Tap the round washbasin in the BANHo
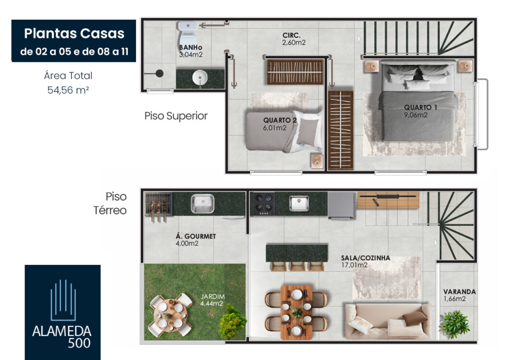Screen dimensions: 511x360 pos(200,78)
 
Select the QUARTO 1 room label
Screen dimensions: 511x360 pos(420,107)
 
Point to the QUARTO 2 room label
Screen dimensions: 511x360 pos(280,120)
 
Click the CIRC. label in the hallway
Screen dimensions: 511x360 pos(292,35)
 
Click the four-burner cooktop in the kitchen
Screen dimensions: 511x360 pos(264,204)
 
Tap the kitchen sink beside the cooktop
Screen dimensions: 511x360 pos(299,203)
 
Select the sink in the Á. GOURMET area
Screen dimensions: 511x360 pos(202,204)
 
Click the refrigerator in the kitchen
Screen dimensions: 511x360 pos(341,205)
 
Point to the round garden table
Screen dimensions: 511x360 pos(170,314)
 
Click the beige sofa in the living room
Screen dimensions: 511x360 pos(388,322)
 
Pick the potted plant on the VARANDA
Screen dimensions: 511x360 pos(455,324)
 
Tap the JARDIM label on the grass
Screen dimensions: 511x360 pos(212,297)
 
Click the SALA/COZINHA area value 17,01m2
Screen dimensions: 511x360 pos(354,265)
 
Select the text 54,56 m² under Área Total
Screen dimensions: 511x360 pos(68,90)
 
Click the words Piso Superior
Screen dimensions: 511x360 pos(176,116)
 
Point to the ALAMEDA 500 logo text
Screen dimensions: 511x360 pos(62,337)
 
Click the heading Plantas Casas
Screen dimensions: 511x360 pos(74,33)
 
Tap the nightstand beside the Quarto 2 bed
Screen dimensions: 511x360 pos(317,161)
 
